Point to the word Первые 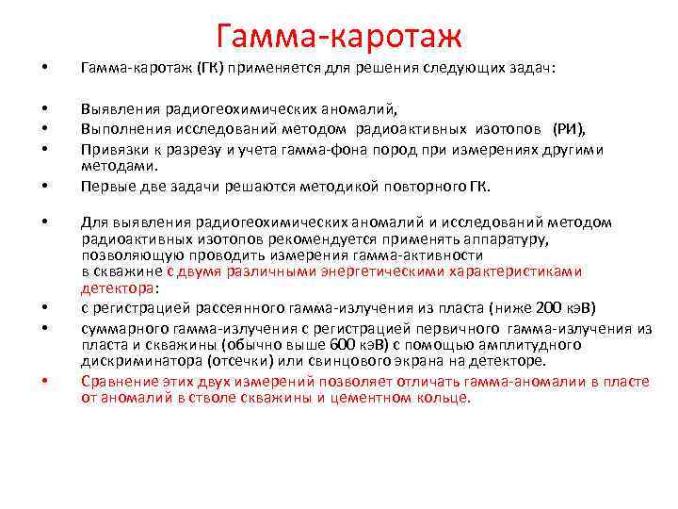click(106, 186)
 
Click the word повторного click(402, 186)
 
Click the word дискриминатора click(132, 361)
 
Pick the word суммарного click(120, 326)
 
